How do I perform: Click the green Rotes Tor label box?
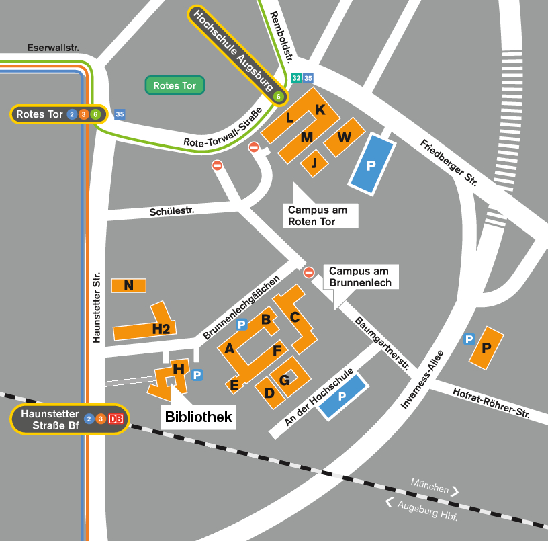click(175, 85)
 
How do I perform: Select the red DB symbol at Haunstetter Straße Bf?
click(116, 419)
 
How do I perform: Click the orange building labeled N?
click(128, 286)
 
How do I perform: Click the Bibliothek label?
click(199, 417)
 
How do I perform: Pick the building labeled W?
click(344, 137)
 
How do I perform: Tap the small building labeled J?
click(314, 163)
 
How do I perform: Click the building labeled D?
click(270, 392)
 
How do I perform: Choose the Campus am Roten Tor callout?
click(321, 216)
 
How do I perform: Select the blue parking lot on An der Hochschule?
click(342, 397)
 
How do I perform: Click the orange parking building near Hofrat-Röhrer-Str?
click(487, 347)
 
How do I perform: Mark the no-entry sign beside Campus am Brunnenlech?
click(309, 272)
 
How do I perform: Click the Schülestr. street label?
click(171, 211)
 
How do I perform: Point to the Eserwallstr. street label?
click(53, 48)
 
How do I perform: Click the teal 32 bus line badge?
click(297, 79)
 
